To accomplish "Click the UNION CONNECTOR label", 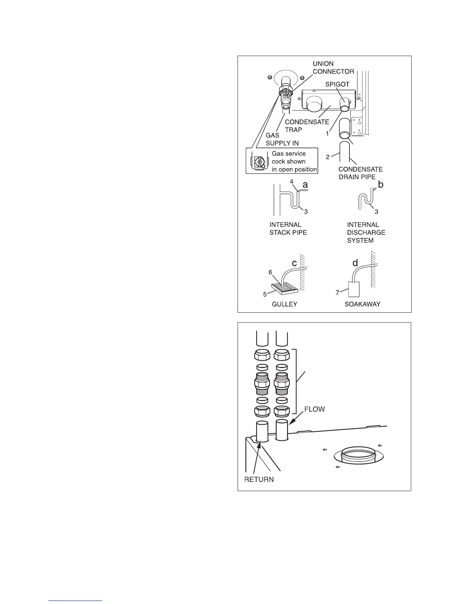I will pos(333,67).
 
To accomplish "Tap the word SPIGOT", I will pos(337,84).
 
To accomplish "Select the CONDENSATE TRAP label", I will pos(307,126).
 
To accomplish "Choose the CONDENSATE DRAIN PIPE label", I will pos(361,173).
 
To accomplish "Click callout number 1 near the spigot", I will pos(327,134).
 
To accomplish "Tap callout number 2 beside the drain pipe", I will pos(328,157).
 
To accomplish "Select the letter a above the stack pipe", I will pos(305,185).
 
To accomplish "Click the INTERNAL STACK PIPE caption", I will pos(288,228).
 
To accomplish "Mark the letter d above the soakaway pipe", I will pos(355,263).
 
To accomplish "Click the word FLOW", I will pos(314,410).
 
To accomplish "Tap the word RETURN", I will pos(259,479).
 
